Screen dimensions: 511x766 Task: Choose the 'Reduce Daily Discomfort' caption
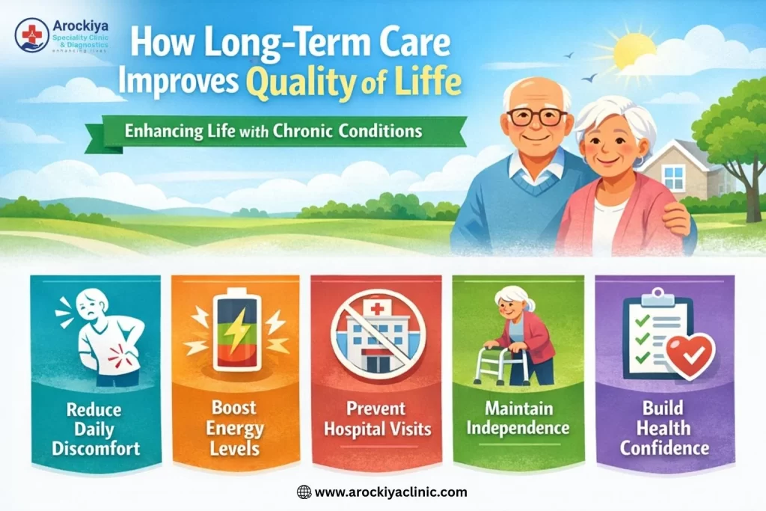pyautogui.click(x=95, y=429)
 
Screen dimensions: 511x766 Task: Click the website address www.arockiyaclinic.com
pyautogui.click(x=391, y=492)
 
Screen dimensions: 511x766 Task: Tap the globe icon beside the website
pyautogui.click(x=304, y=492)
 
